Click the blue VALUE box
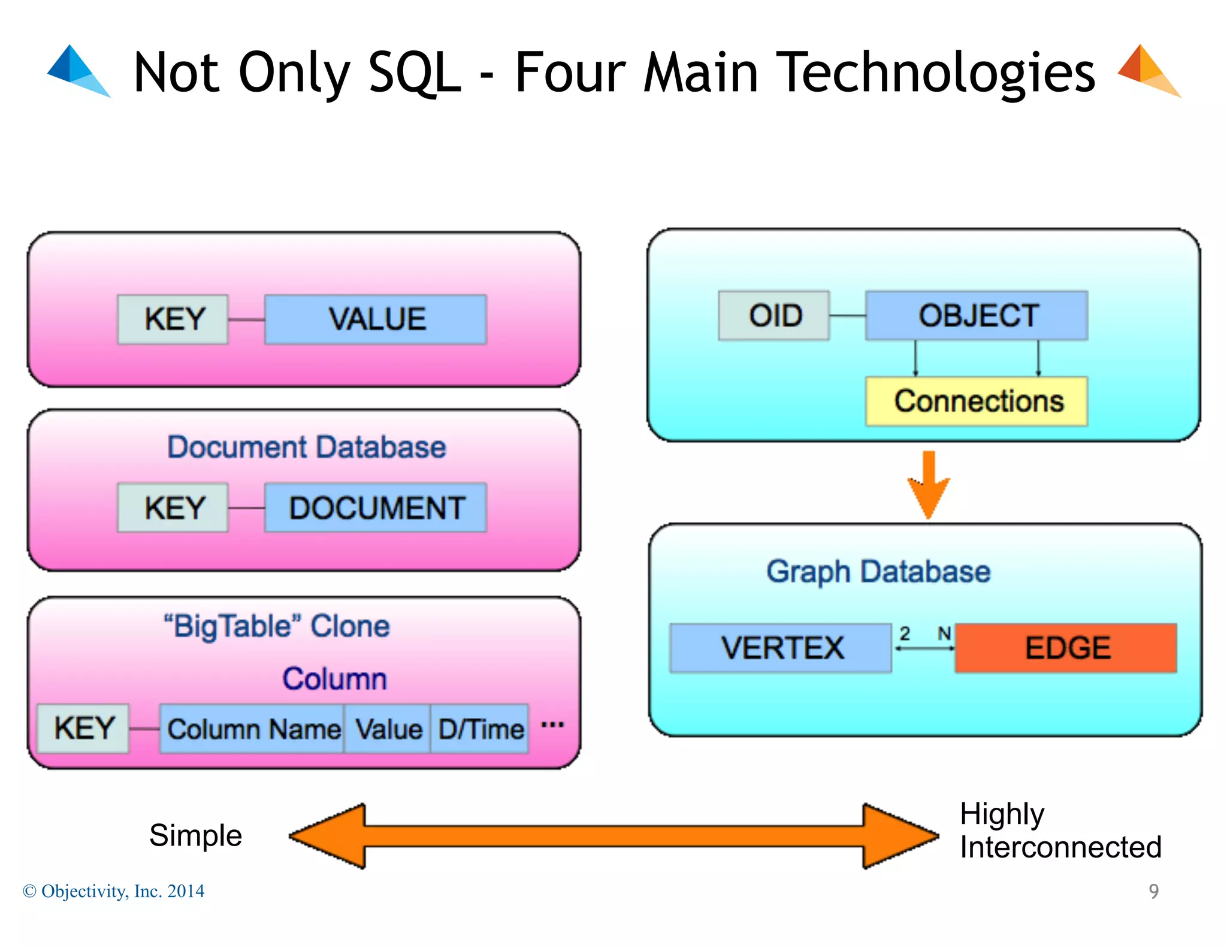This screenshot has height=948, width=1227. click(x=376, y=319)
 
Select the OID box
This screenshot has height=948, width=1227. click(x=773, y=316)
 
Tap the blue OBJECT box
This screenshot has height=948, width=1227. click(x=977, y=316)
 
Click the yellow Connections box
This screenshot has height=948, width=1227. click(x=977, y=401)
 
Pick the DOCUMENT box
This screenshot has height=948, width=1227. click(x=376, y=508)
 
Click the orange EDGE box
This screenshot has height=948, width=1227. click(x=1066, y=648)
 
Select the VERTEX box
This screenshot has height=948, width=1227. click(x=781, y=648)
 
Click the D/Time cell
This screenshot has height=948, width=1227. click(x=480, y=729)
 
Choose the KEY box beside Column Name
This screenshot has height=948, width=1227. click(x=83, y=729)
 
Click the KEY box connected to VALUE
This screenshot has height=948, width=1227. click(x=173, y=319)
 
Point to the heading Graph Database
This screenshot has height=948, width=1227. click(x=878, y=571)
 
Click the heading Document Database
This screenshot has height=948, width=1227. click(x=306, y=447)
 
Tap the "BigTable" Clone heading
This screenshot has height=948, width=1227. click(x=277, y=626)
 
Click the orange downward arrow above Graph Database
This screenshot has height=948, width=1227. click(x=928, y=484)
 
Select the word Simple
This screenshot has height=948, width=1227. click(x=195, y=835)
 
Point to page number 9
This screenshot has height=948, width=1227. click(x=1153, y=891)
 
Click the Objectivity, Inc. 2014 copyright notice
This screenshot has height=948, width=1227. click(x=114, y=891)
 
